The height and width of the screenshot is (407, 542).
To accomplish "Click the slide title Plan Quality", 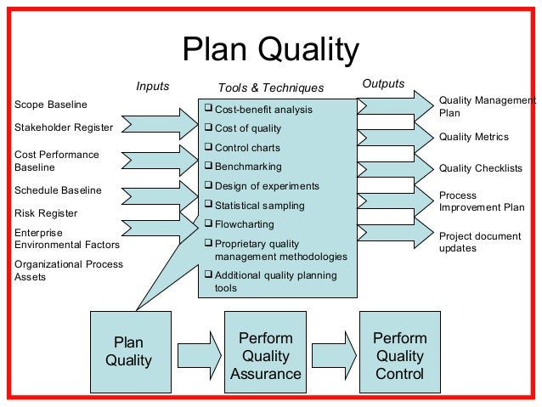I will pos(271,51).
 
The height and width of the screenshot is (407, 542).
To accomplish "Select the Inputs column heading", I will pos(153,86).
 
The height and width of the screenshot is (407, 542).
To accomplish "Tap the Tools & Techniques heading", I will pos(271,88).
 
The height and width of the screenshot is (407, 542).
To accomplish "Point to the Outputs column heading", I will pos(383,83).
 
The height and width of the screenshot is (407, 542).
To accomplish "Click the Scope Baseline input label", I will pos(51,105).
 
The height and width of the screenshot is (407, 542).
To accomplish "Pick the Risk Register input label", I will pos(46,213).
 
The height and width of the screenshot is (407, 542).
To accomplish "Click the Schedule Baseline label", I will pos(58,190).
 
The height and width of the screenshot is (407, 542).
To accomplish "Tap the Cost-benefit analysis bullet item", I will pos(263,110).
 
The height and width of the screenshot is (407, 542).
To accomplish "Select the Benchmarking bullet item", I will pos(248,167).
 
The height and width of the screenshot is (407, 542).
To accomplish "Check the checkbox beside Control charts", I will pos(209,147).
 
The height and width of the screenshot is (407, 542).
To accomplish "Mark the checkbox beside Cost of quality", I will pos(209,128).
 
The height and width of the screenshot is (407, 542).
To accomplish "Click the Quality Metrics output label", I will pos(474,137).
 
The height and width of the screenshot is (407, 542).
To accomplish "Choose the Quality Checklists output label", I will pos(480,168).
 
